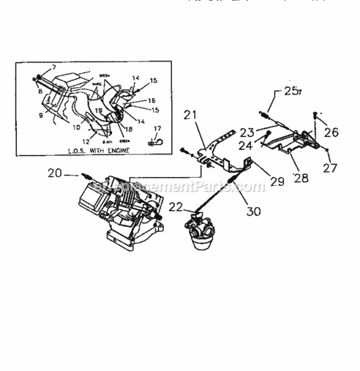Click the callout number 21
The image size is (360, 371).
[190, 115]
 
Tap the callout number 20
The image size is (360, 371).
[55, 173]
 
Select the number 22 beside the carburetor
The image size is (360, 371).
[175, 207]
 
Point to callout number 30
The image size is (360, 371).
[254, 211]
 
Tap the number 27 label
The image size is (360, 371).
[330, 168]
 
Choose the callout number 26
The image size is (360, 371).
[332, 132]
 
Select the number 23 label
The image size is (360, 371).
[247, 132]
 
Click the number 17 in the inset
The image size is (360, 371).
[157, 129]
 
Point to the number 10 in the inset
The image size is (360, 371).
[76, 127]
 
